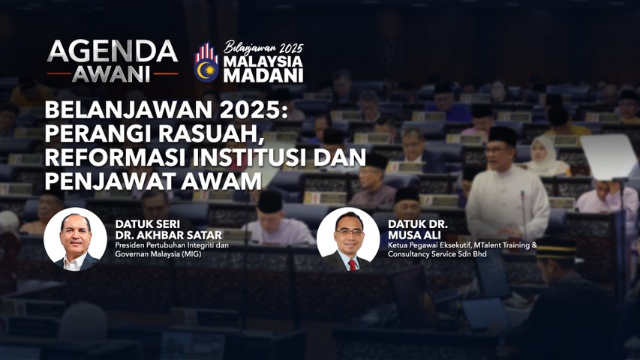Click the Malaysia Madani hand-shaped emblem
206,63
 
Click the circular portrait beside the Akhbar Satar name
75,239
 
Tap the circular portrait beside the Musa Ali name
348,239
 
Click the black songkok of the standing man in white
502,135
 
